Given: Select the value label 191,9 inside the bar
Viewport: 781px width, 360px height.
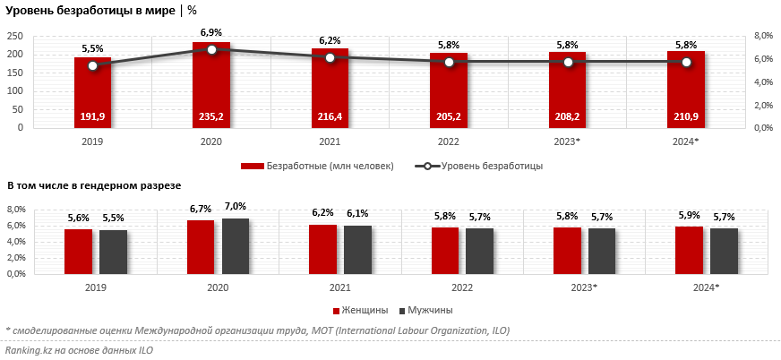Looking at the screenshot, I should (x=92, y=116).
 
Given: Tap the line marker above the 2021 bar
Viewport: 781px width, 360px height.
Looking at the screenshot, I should (x=330, y=57).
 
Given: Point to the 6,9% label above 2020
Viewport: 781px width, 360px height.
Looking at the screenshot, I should (x=211, y=32).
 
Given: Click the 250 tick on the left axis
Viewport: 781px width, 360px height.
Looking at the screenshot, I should (x=15, y=36).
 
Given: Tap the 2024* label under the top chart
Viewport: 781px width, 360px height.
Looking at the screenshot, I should (x=686, y=141).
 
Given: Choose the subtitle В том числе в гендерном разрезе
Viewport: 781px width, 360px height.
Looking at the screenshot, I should (x=94, y=185).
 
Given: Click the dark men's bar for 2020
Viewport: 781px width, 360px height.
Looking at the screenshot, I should (x=236, y=246).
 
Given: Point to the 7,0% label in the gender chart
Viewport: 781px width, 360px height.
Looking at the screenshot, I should (x=236, y=209).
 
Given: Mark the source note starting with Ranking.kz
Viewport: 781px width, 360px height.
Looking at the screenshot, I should (x=79, y=350).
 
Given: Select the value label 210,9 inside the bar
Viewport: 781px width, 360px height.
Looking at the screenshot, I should (x=686, y=116).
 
